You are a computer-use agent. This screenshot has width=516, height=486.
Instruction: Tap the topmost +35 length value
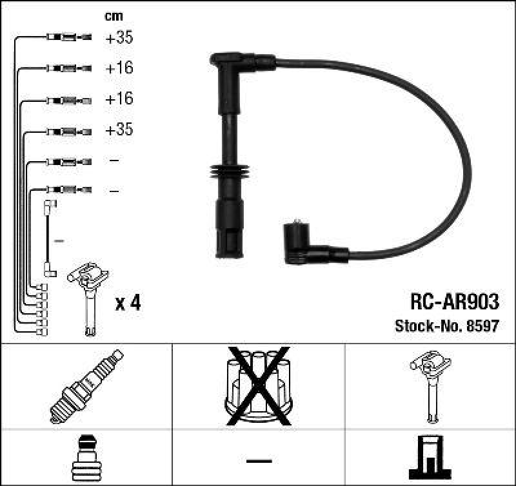click(119, 38)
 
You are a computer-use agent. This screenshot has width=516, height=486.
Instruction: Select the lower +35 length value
click(119, 130)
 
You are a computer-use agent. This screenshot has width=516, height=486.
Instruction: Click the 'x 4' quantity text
click(127, 302)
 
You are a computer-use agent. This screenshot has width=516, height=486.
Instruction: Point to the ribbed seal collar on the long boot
click(228, 174)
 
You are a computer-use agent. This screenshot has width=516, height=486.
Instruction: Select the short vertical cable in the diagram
click(48, 238)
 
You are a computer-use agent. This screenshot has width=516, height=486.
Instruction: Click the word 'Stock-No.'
click(422, 326)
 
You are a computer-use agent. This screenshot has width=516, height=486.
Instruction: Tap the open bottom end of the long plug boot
click(229, 248)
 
